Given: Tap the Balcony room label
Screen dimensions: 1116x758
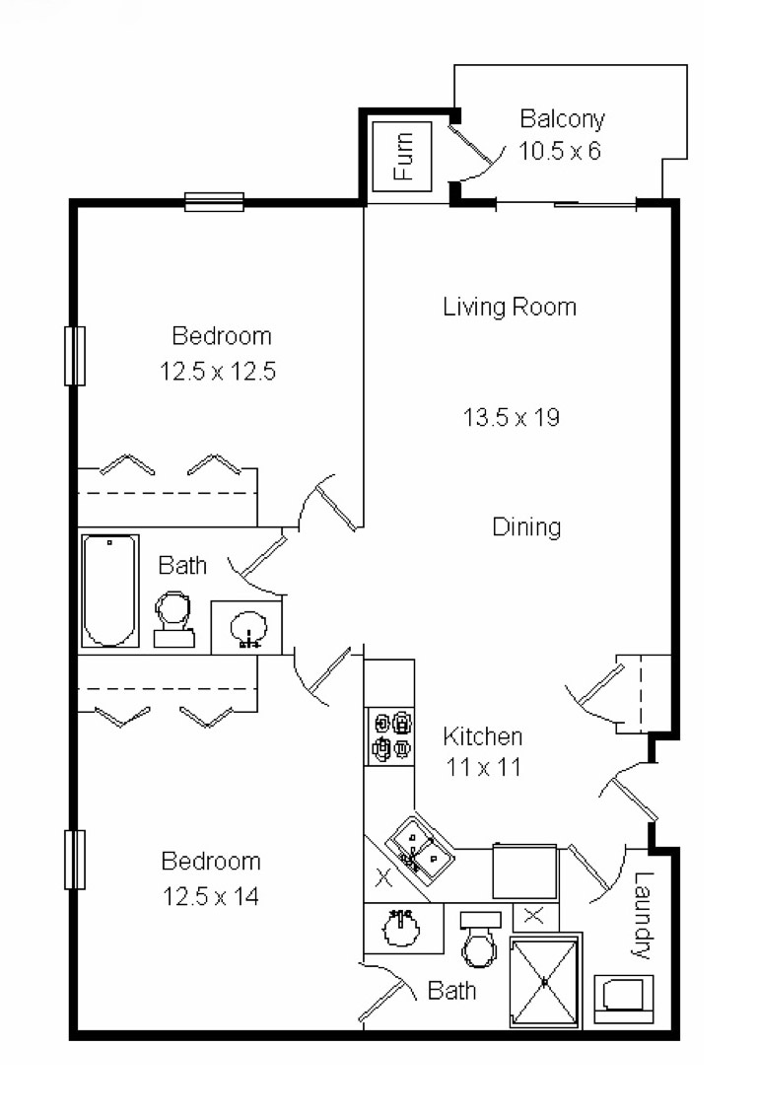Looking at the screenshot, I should coord(562,119).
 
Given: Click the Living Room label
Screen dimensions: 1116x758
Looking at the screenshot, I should coord(510,307).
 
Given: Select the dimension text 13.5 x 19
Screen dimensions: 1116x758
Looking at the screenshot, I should coord(512,417).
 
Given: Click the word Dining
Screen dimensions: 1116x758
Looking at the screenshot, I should coord(526,527).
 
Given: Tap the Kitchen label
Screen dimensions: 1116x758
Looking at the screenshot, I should coord(482,736).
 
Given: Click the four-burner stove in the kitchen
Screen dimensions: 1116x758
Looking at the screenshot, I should coord(390,736).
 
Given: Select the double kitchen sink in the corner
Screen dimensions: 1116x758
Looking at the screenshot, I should coord(420,849).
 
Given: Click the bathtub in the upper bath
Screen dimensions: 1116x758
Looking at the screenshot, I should coord(109,590).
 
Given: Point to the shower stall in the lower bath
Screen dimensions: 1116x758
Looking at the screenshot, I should coord(544,982).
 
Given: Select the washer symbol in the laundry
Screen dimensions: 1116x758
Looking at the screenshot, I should coord(624,997).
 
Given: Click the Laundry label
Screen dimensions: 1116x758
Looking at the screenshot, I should coord(643,916).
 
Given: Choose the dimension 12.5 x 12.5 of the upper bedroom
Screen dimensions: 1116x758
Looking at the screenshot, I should coord(216,372).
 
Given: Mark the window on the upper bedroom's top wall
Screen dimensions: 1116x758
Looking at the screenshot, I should coord(214,202).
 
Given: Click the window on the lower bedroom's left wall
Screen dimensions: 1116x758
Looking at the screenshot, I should coord(75,860).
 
